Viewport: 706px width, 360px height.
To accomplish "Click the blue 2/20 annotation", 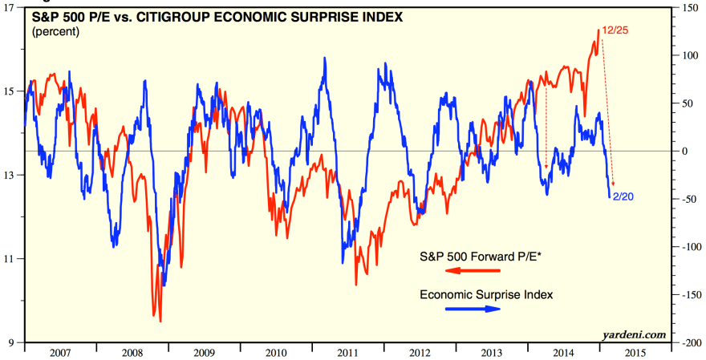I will coord(623,196).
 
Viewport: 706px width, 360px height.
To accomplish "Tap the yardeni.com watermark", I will coord(638,334).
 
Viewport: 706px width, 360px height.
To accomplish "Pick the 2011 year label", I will coord(347,351).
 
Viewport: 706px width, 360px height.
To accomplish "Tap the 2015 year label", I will coord(634,351).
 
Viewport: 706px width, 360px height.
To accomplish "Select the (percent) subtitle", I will coord(57,32).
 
